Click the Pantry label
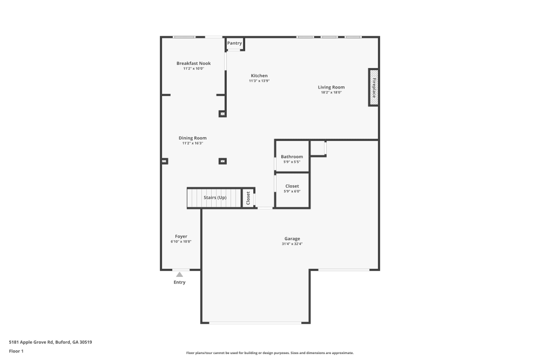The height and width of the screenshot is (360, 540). coord(234,43)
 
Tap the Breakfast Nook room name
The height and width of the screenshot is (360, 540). coord(193,63)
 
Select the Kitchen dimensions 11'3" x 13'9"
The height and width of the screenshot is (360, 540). coord(259,81)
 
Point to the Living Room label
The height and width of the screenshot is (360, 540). coord(331,87)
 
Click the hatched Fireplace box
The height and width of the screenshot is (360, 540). coord(373,87)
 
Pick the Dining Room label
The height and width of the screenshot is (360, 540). coord(193,138)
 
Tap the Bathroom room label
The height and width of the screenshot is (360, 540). coord(292,157)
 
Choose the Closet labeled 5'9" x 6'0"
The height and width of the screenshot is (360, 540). coord(292,186)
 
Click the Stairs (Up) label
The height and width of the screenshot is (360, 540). coord(215,198)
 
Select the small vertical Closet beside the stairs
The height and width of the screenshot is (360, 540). coord(248,198)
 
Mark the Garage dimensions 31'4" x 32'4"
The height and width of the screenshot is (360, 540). coord(292,244)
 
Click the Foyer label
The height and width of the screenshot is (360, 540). coord(181,236)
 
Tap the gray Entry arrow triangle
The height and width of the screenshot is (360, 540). coord(179,274)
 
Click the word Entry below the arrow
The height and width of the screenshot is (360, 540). coord(179,282)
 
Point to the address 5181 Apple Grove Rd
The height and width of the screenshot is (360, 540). coord(54,342)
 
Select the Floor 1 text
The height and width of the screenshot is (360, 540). coord(16,351)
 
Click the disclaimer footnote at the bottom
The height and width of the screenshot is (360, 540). coord(270,352)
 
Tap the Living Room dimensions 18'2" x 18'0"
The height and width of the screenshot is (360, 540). coord(331,92)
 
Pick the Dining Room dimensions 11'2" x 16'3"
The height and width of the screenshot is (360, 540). coord(193,144)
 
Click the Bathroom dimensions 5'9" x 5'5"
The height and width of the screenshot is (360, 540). coord(292,162)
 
